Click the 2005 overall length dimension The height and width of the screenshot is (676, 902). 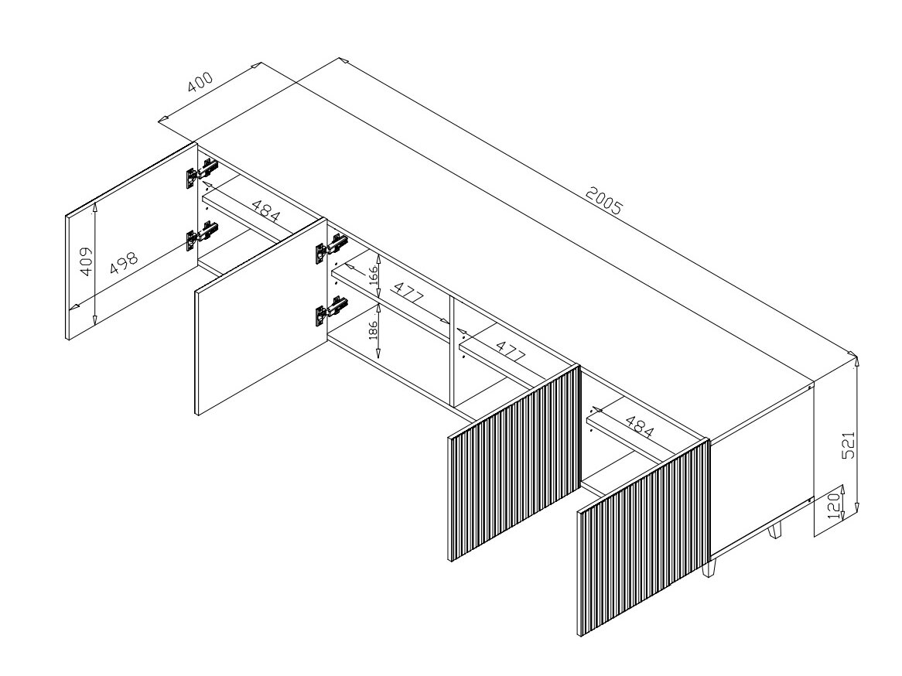pos(604,200)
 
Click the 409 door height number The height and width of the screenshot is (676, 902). pos(86,261)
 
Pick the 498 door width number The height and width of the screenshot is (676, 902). pos(124,263)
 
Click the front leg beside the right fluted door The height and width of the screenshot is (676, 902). pos(712,568)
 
